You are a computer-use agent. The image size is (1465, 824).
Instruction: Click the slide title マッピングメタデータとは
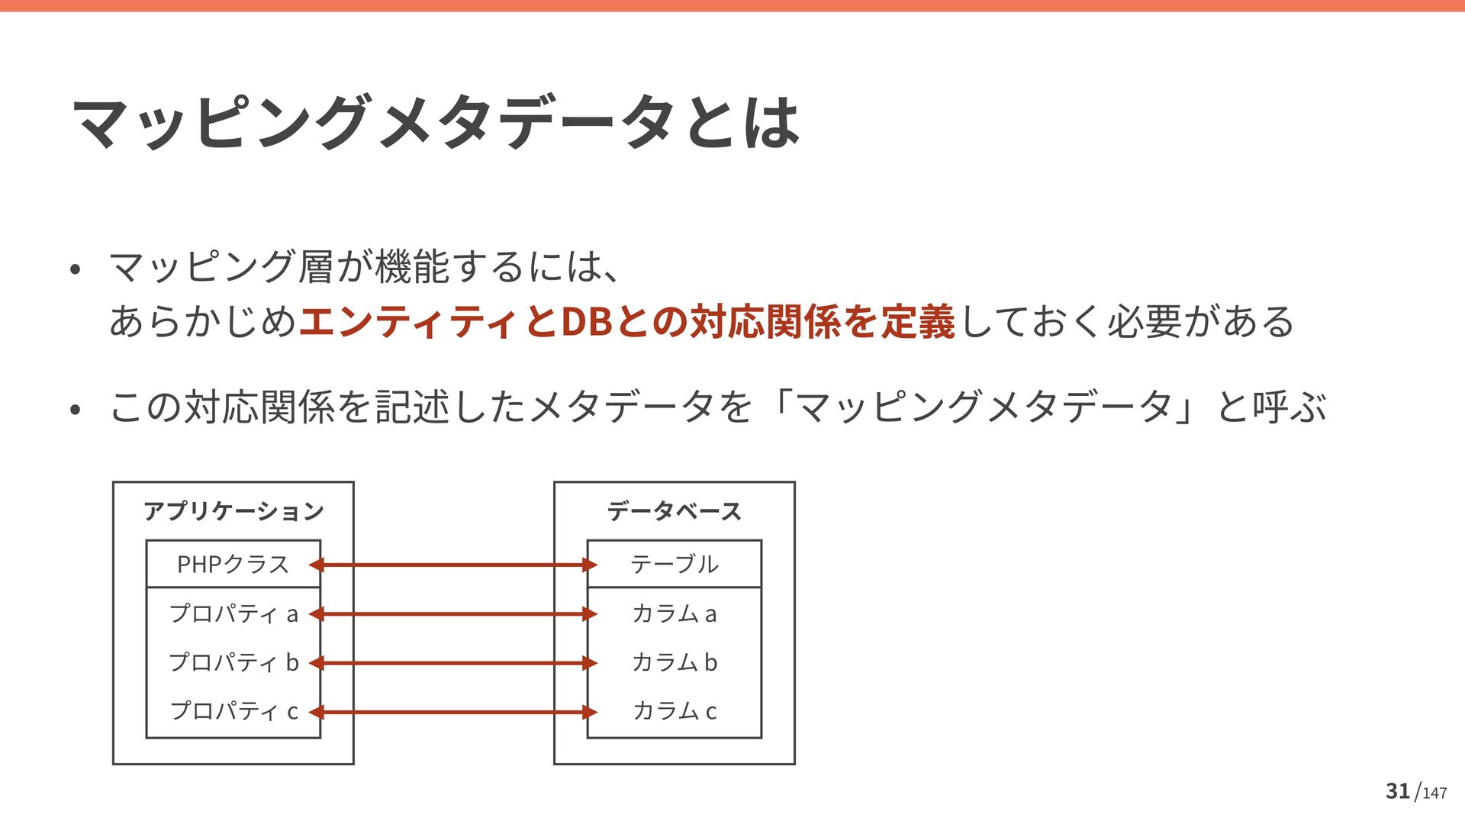pyautogui.click(x=435, y=122)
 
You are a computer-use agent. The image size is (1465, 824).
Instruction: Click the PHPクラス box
pyautogui.click(x=233, y=564)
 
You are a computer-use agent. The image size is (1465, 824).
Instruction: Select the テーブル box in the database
pyautogui.click(x=675, y=564)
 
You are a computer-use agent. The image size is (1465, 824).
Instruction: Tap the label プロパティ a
pyautogui.click(x=233, y=613)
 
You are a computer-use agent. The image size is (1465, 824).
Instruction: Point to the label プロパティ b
pyautogui.click(x=233, y=662)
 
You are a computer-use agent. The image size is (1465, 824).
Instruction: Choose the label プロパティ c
pyautogui.click(x=233, y=711)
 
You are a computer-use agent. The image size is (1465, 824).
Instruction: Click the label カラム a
pyautogui.click(x=675, y=613)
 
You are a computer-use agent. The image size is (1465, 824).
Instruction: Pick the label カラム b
pyautogui.click(x=675, y=662)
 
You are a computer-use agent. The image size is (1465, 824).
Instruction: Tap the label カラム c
pyautogui.click(x=675, y=711)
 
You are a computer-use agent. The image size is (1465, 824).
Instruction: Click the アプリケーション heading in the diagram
pyautogui.click(x=233, y=510)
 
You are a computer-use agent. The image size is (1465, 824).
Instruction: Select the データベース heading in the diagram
pyautogui.click(x=675, y=510)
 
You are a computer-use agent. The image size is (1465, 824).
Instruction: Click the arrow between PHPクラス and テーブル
pyautogui.click(x=453, y=565)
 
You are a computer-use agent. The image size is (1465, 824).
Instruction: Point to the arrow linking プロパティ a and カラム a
pyautogui.click(x=453, y=614)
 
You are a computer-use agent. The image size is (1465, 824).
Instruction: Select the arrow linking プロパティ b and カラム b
pyautogui.click(x=453, y=663)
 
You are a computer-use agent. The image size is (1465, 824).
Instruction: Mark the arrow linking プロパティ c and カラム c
pyautogui.click(x=453, y=712)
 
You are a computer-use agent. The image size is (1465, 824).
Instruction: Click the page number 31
pyautogui.click(x=1397, y=791)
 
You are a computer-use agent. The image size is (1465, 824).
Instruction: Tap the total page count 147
pyautogui.click(x=1434, y=793)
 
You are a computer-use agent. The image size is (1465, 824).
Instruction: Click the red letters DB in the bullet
pyautogui.click(x=586, y=321)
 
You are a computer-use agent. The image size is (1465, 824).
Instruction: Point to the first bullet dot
pyautogui.click(x=75, y=269)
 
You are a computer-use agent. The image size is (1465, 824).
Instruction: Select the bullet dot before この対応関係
pyautogui.click(x=75, y=410)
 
